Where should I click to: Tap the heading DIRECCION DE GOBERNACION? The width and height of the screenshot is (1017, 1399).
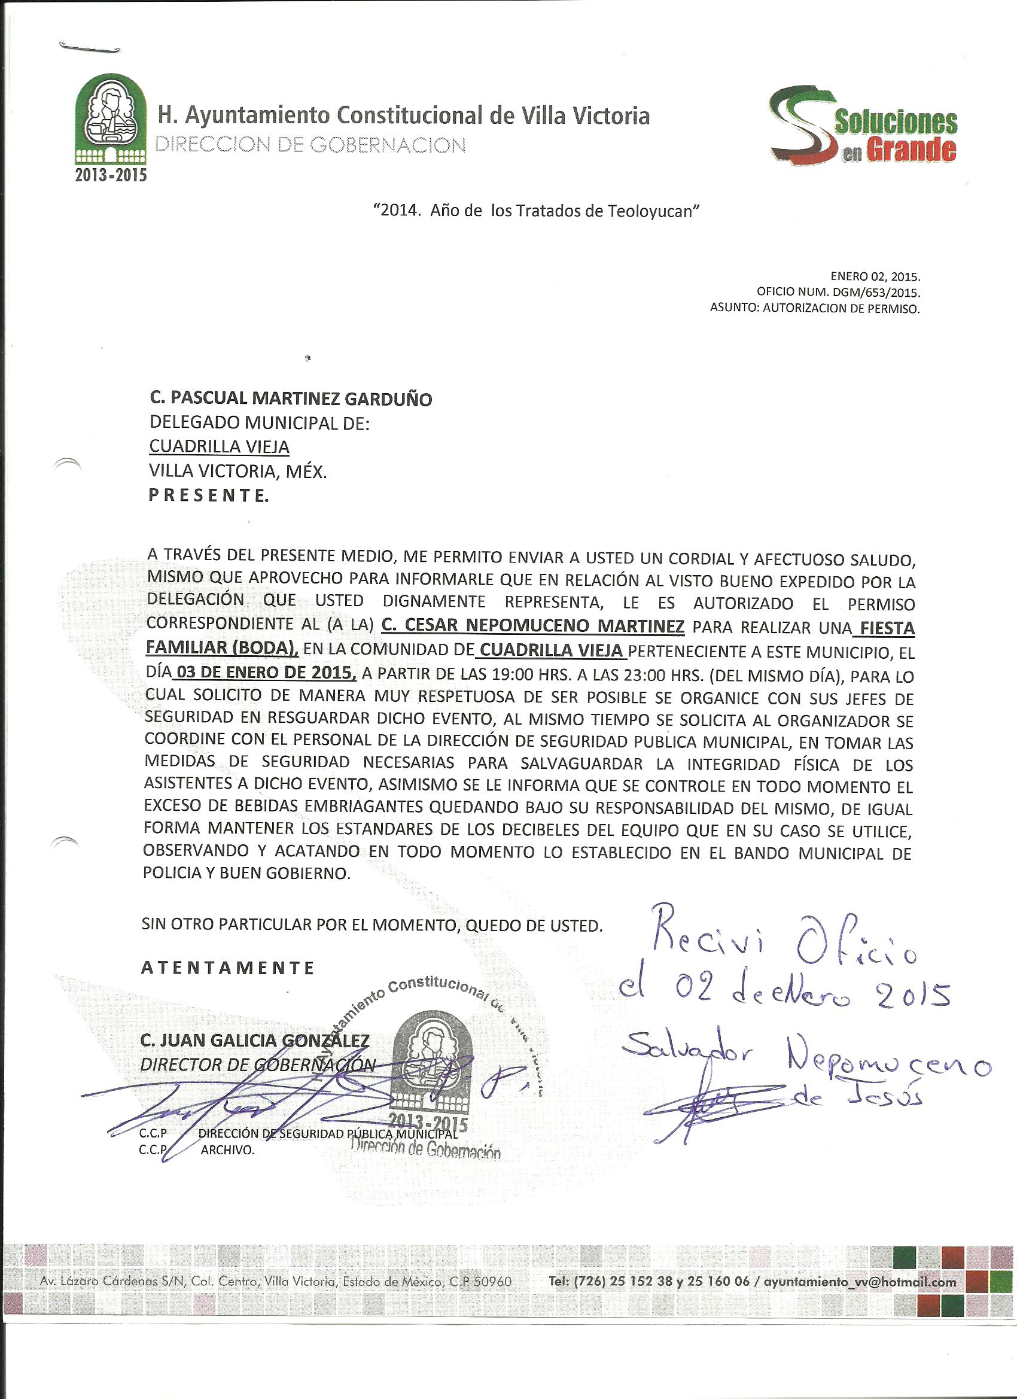(312, 145)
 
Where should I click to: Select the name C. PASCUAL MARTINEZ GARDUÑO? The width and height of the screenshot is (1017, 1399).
(291, 399)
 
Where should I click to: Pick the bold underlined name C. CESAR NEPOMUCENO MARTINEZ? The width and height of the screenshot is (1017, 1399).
(533, 627)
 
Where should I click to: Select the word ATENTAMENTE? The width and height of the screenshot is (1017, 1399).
(228, 967)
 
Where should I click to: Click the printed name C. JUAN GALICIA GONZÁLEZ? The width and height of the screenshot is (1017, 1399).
(255, 1041)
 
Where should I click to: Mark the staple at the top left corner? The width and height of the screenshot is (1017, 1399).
(89, 46)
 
